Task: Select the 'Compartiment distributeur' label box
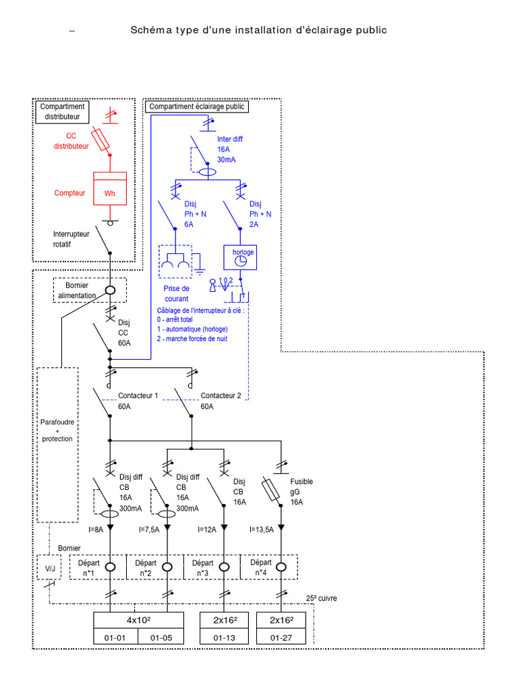pyautogui.click(x=62, y=111)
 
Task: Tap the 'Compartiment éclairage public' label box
pyautogui.click(x=197, y=106)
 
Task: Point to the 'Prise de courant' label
pyautogui.click(x=175, y=293)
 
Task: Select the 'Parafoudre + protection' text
pyautogui.click(x=57, y=430)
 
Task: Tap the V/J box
pyautogui.click(x=50, y=567)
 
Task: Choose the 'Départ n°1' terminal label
pyautogui.click(x=88, y=567)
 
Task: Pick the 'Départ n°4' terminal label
pyautogui.click(x=261, y=567)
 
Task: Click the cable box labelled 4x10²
pyautogui.click(x=138, y=620)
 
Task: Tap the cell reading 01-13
pyautogui.click(x=224, y=637)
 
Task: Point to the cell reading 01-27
pyautogui.click(x=281, y=637)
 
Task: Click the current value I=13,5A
pyautogui.click(x=262, y=530)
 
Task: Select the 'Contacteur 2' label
pyautogui.click(x=221, y=396)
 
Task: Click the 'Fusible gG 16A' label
pyautogui.click(x=301, y=492)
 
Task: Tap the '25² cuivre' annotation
pyautogui.click(x=321, y=598)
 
